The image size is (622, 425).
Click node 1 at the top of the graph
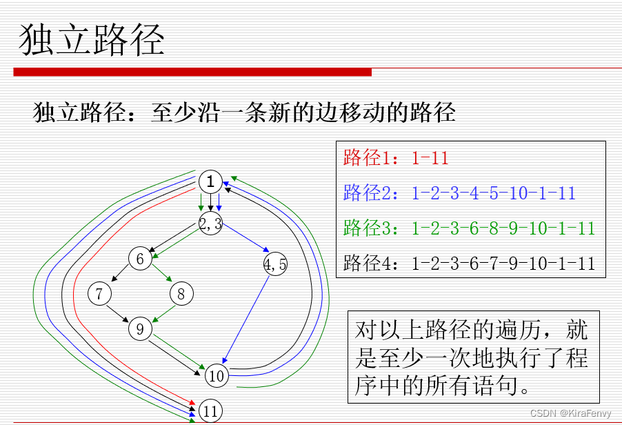click(x=210, y=182)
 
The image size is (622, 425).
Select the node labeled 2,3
click(x=210, y=224)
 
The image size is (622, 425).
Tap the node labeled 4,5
click(x=275, y=263)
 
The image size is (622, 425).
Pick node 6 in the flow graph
click(x=140, y=259)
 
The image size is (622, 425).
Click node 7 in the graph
click(x=99, y=294)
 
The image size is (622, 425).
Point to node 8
click(x=181, y=295)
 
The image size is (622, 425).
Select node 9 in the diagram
click(x=140, y=329)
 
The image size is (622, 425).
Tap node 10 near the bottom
click(x=217, y=376)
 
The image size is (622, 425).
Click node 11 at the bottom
click(x=211, y=411)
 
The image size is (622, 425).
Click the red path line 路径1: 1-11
click(x=396, y=158)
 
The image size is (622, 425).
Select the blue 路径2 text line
click(x=459, y=193)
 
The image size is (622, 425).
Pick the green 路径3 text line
click(x=469, y=228)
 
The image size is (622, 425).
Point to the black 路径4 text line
click(x=469, y=263)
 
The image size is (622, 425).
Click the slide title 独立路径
click(x=92, y=40)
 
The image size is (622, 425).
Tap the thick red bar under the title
click(x=192, y=72)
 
